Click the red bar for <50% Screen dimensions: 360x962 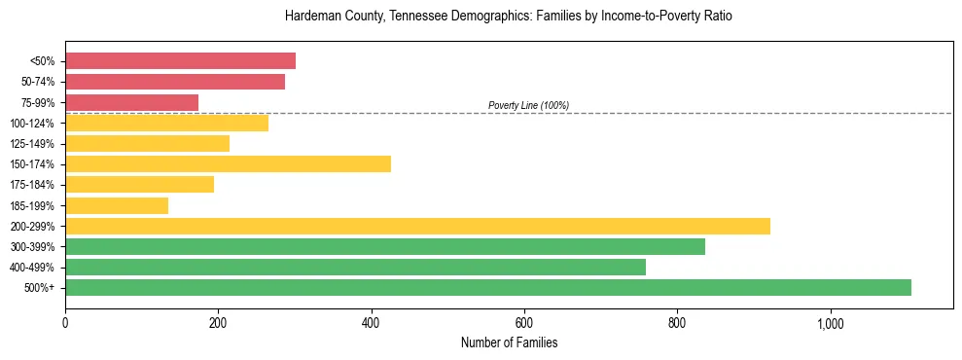click(180, 61)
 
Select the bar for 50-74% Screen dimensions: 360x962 click(175, 82)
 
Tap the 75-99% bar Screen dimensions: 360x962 click(131, 102)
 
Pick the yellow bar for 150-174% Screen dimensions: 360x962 click(228, 163)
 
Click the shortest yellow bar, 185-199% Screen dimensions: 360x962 click(117, 205)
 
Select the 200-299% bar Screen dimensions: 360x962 click(417, 226)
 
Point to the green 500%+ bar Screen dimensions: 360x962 click(488, 287)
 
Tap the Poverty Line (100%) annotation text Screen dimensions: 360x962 click(528, 105)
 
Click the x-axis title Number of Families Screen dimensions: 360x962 click(509, 342)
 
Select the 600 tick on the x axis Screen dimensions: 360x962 click(524, 323)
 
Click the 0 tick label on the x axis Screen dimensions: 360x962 click(65, 323)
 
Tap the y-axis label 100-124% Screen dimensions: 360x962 click(32, 124)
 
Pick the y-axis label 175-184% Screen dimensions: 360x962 click(32, 185)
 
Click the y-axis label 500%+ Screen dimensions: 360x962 click(38, 288)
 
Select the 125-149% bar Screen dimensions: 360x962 click(147, 143)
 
